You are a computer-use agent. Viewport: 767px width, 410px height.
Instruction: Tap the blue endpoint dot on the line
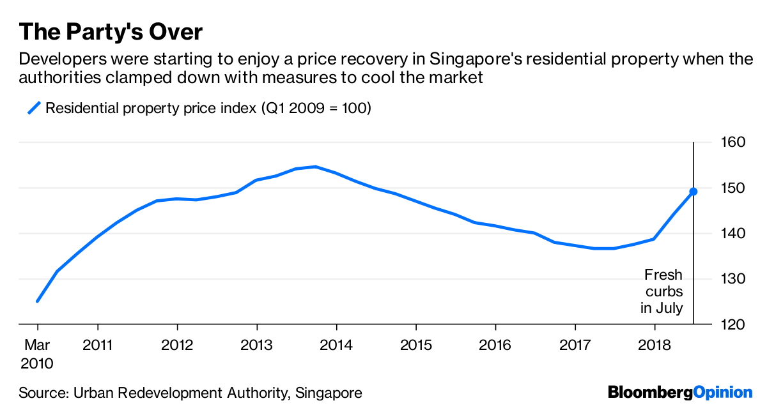pyautogui.click(x=693, y=192)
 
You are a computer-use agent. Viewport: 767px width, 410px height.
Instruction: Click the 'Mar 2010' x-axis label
pyautogui.click(x=36, y=354)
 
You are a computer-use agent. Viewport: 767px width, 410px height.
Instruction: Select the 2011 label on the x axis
pyautogui.click(x=98, y=345)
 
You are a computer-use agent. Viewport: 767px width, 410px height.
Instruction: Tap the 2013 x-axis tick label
pyautogui.click(x=256, y=345)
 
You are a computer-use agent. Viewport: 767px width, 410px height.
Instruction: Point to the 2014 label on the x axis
pyautogui.click(x=336, y=345)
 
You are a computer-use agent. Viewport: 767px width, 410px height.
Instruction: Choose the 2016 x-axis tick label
pyautogui.click(x=495, y=345)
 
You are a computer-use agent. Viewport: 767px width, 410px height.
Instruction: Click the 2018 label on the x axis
pyautogui.click(x=654, y=345)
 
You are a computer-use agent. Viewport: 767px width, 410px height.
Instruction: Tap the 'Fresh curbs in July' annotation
pyautogui.click(x=663, y=291)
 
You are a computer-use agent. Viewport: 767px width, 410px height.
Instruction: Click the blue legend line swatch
pyautogui.click(x=33, y=108)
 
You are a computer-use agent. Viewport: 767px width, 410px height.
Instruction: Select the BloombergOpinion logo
pyautogui.click(x=680, y=391)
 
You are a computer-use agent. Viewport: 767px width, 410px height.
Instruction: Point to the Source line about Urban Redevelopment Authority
pyautogui.click(x=190, y=392)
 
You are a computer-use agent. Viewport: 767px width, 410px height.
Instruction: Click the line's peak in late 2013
pyautogui.click(x=315, y=167)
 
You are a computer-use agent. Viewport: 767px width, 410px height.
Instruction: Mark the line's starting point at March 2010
pyautogui.click(x=37, y=301)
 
